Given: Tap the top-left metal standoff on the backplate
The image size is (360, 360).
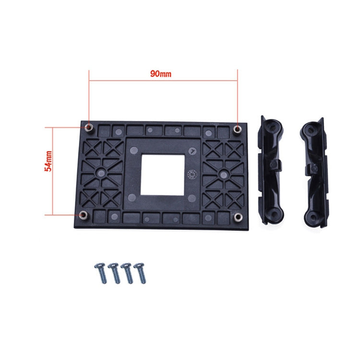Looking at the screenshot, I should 89,128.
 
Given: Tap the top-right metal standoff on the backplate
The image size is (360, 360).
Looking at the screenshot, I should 237,129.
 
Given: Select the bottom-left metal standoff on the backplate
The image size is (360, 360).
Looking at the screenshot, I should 83,215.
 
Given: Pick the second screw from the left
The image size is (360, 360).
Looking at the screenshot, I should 115,273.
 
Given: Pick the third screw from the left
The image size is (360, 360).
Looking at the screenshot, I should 128,272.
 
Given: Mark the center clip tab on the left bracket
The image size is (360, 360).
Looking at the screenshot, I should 275,166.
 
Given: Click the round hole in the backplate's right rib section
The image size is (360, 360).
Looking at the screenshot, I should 223,173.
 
